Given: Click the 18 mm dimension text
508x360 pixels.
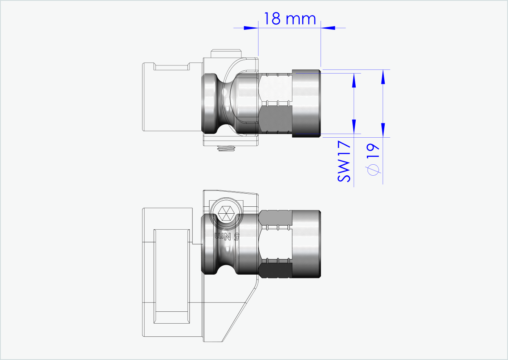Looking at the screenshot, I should [290, 19].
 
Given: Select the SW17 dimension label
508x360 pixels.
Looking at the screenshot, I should [344, 162].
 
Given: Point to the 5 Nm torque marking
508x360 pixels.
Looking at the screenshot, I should [227, 236].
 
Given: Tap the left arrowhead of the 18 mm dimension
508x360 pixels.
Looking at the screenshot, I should [252, 28].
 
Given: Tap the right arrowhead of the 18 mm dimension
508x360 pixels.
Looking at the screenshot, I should [328, 28].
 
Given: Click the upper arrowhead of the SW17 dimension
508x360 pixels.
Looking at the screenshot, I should [354, 80].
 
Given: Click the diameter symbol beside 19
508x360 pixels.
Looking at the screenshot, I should [372, 170].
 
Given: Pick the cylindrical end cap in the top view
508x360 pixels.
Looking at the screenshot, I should [306, 103].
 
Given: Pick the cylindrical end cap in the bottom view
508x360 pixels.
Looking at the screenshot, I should [306, 244].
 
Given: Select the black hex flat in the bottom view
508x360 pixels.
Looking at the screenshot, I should [276, 270].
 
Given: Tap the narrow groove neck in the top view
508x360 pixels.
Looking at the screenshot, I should [224, 103].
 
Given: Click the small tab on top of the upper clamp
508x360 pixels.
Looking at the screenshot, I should [227, 54].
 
